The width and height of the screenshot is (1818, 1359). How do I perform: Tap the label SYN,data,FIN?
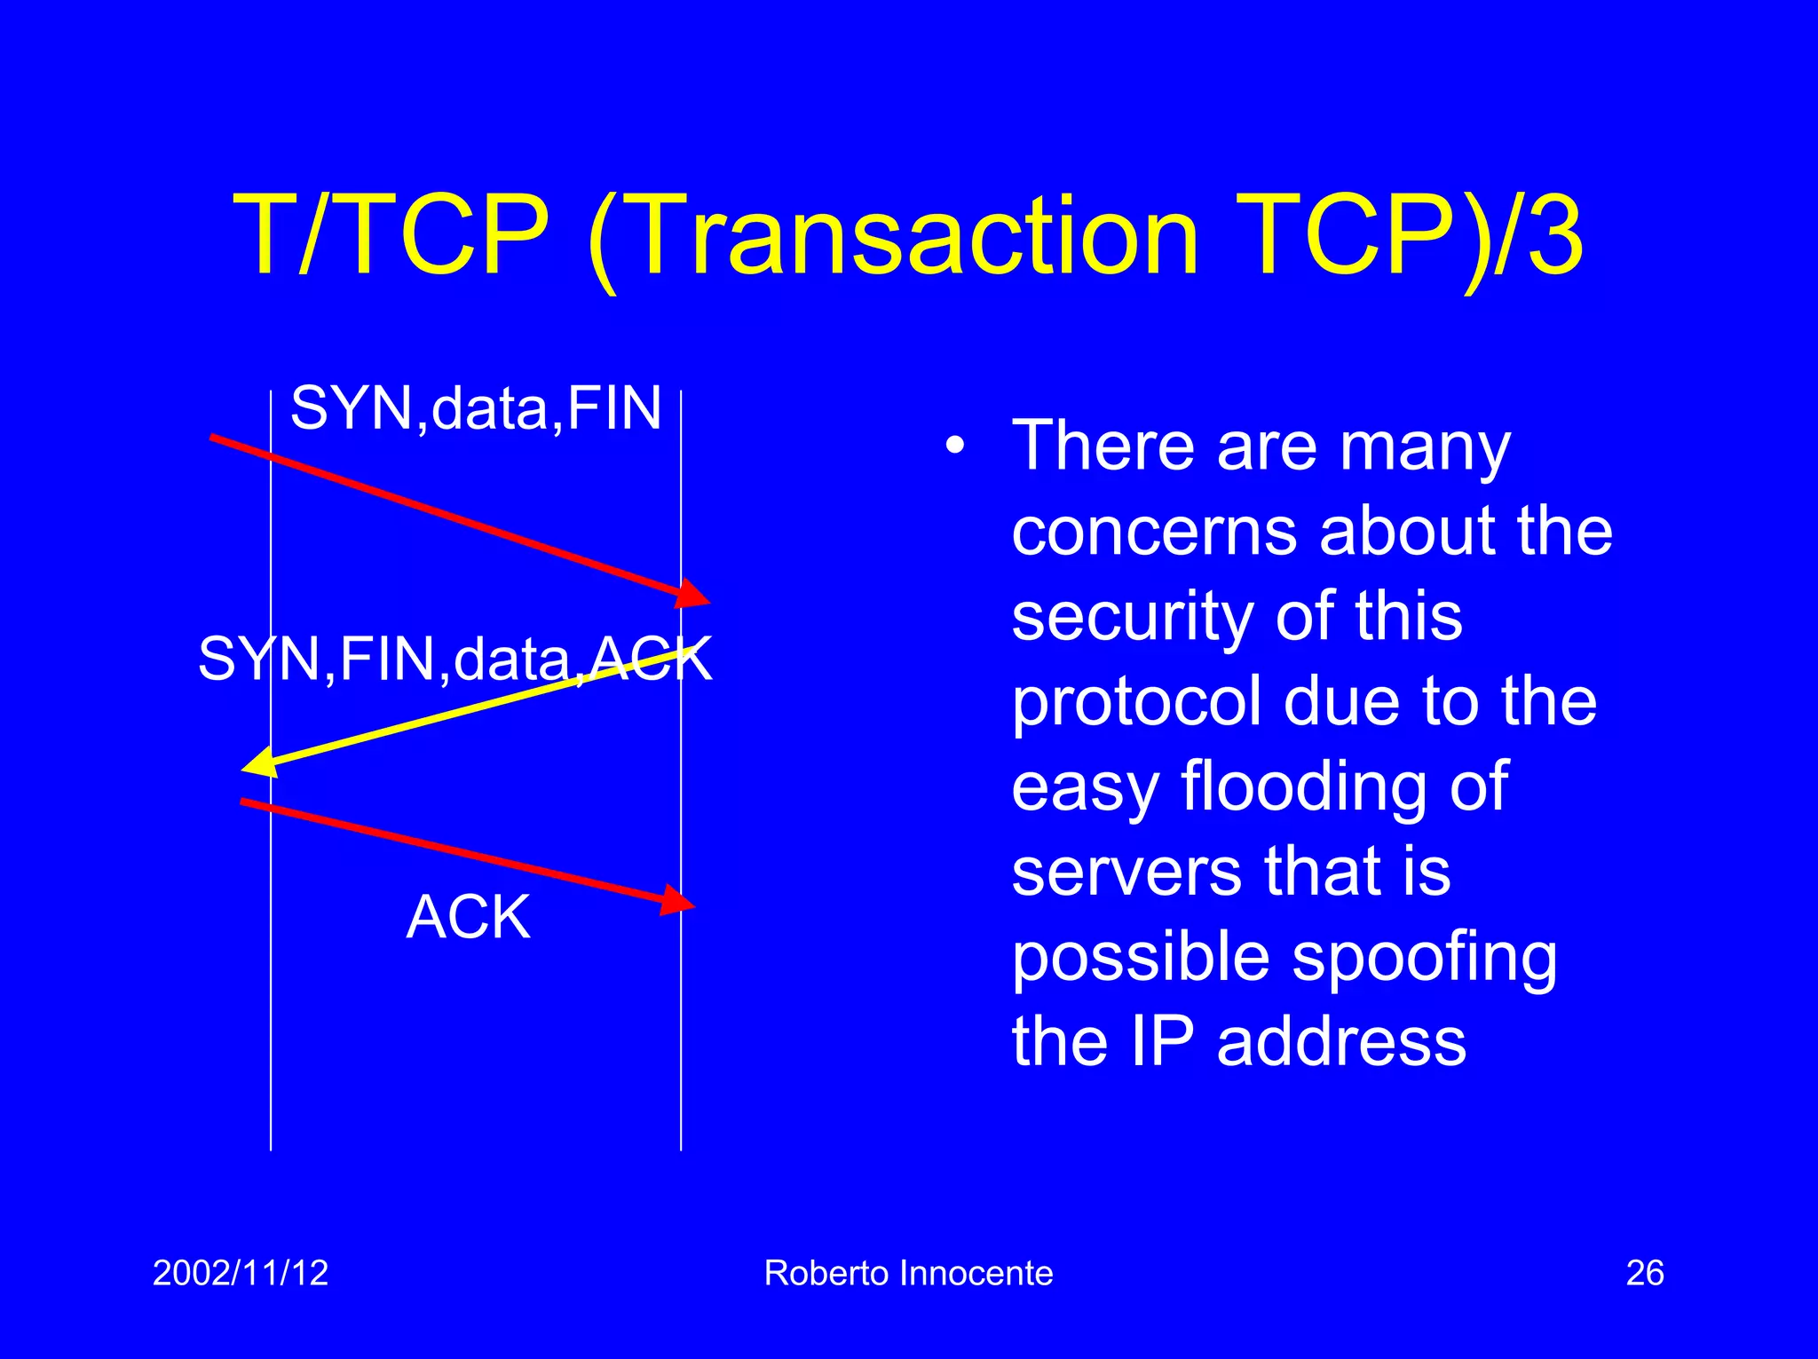coord(476,408)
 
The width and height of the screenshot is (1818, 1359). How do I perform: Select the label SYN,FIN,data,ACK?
coord(454,660)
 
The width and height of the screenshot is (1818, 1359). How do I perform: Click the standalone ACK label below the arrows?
coord(469,917)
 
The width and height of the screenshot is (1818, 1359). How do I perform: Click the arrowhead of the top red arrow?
coord(692,594)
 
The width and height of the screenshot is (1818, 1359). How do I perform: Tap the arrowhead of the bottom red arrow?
coord(676,900)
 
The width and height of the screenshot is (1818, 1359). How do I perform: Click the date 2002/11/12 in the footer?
coord(241,1273)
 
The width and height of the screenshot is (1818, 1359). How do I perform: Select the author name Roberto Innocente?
coord(908,1273)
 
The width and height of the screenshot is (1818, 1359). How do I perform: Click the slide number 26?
coord(1644,1273)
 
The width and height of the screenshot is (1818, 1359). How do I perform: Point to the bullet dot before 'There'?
coord(954,446)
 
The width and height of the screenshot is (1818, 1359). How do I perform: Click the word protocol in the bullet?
coord(1137,703)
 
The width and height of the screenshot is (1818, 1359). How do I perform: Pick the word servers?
coord(1125,872)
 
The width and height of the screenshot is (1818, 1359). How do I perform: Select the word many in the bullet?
coord(1425,449)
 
